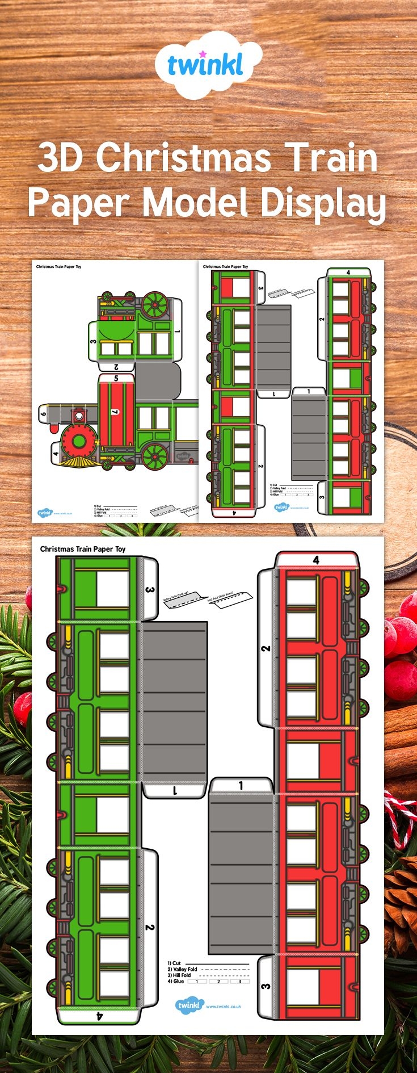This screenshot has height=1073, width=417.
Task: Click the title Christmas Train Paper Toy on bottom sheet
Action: click(83, 549)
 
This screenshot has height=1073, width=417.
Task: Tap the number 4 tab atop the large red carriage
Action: click(316, 560)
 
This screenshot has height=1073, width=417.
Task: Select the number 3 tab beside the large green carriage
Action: click(149, 590)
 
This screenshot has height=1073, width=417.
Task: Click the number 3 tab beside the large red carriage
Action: click(266, 986)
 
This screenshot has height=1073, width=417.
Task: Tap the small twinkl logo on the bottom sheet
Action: click(189, 1005)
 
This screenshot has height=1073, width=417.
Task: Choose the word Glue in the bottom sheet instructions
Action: click(178, 981)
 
